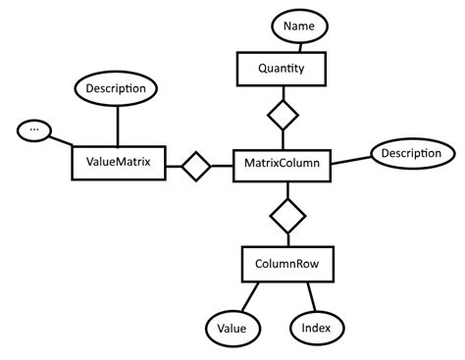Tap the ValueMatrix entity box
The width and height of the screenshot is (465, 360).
click(x=117, y=163)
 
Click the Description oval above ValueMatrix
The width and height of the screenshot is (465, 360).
click(x=117, y=89)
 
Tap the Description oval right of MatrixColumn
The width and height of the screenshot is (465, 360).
click(x=411, y=154)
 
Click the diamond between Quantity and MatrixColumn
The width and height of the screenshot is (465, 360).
click(x=283, y=117)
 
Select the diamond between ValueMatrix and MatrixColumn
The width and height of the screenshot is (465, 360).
click(x=194, y=166)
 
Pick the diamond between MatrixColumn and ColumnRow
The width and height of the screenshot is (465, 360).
click(x=287, y=215)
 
